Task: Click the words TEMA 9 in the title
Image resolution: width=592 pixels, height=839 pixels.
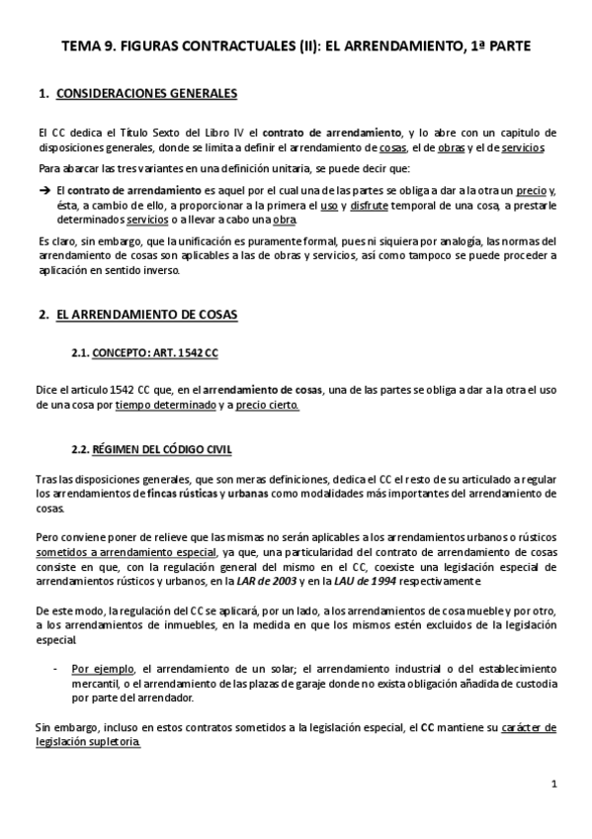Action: tap(89, 46)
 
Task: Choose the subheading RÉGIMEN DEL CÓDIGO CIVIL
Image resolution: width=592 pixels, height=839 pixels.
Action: tap(162, 449)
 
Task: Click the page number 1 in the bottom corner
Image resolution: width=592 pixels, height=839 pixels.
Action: tap(555, 784)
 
